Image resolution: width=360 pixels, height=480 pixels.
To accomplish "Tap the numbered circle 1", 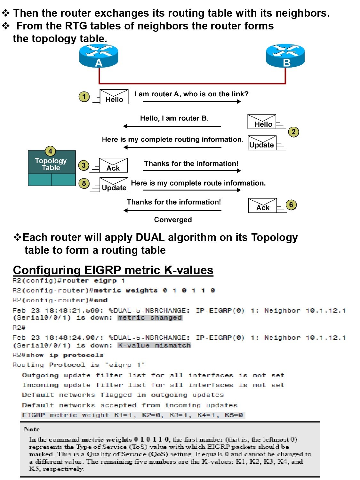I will tap(84, 97).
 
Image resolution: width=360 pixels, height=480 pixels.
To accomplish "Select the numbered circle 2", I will tap(293, 132).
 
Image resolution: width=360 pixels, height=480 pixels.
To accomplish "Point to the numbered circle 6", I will tap(291, 205).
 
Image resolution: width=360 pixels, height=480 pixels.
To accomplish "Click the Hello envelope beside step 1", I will tap(114, 97).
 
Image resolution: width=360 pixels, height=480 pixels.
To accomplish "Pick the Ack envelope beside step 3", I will tap(113, 165).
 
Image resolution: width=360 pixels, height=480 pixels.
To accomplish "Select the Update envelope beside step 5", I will tap(114, 185).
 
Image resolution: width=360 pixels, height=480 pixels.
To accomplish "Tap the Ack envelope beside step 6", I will tap(262, 205).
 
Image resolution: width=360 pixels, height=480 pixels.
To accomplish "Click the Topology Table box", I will tap(52, 168).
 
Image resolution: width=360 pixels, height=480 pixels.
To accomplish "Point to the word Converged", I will tap(173, 220).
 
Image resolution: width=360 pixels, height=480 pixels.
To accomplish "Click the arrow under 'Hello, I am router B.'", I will tap(172, 126).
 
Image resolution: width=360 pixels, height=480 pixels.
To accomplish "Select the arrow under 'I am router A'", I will tap(192, 101).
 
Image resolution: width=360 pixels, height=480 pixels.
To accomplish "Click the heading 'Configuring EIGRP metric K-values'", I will tap(113, 270).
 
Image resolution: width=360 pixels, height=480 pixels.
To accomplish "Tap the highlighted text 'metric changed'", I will tap(150, 318).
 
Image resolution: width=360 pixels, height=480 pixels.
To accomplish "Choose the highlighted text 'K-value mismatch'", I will tap(154, 345).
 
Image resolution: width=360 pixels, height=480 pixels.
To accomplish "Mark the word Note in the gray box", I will tap(32, 429).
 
